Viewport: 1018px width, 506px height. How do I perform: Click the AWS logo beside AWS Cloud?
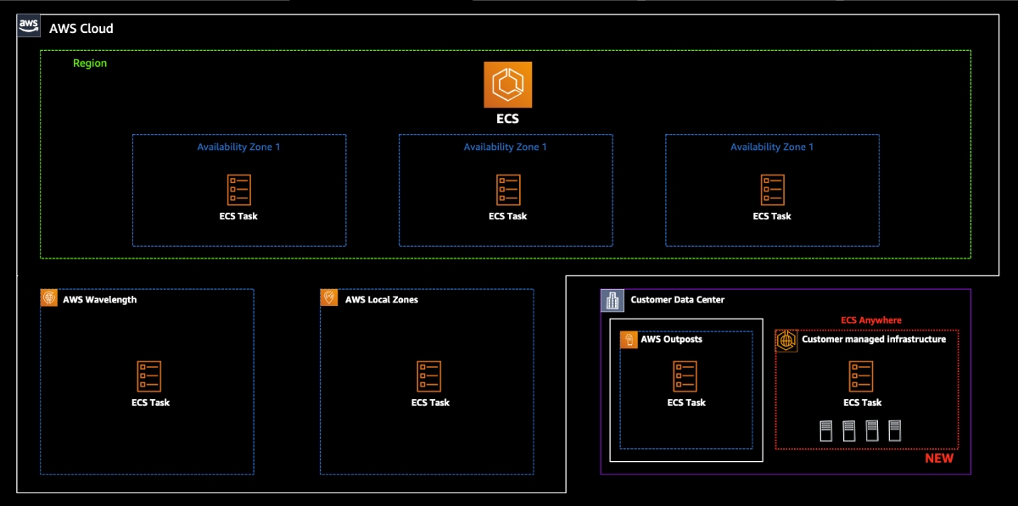(x=28, y=26)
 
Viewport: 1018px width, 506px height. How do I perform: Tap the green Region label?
(x=90, y=64)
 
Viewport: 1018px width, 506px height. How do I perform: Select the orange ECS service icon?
(x=507, y=85)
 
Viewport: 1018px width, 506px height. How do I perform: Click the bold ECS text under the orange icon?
(x=507, y=120)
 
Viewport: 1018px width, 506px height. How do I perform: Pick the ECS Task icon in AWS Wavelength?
(x=150, y=376)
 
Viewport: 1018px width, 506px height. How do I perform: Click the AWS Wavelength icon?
(x=49, y=298)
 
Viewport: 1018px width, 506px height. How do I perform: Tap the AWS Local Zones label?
(x=381, y=299)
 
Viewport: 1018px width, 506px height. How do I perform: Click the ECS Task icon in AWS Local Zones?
(x=430, y=376)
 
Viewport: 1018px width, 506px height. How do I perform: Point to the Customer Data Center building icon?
(x=612, y=299)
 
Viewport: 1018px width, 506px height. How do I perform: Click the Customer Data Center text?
(x=677, y=300)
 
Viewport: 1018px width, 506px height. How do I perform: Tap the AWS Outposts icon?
(x=629, y=340)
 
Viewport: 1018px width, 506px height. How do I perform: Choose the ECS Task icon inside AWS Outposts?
(x=685, y=376)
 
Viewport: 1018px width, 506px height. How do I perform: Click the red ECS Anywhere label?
(x=870, y=320)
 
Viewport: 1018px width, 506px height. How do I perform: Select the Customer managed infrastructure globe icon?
(x=786, y=340)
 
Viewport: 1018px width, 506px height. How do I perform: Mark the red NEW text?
(x=938, y=459)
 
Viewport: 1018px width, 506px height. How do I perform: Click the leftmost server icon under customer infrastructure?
(x=825, y=431)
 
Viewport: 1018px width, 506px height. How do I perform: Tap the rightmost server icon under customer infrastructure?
(x=894, y=431)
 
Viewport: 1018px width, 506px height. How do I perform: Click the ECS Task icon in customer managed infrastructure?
(x=861, y=376)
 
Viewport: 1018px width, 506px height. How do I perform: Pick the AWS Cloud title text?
(x=81, y=29)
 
